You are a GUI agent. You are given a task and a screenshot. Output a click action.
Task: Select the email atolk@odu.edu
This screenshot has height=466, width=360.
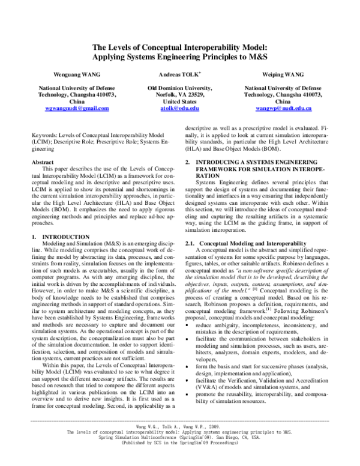(x=179, y=108)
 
